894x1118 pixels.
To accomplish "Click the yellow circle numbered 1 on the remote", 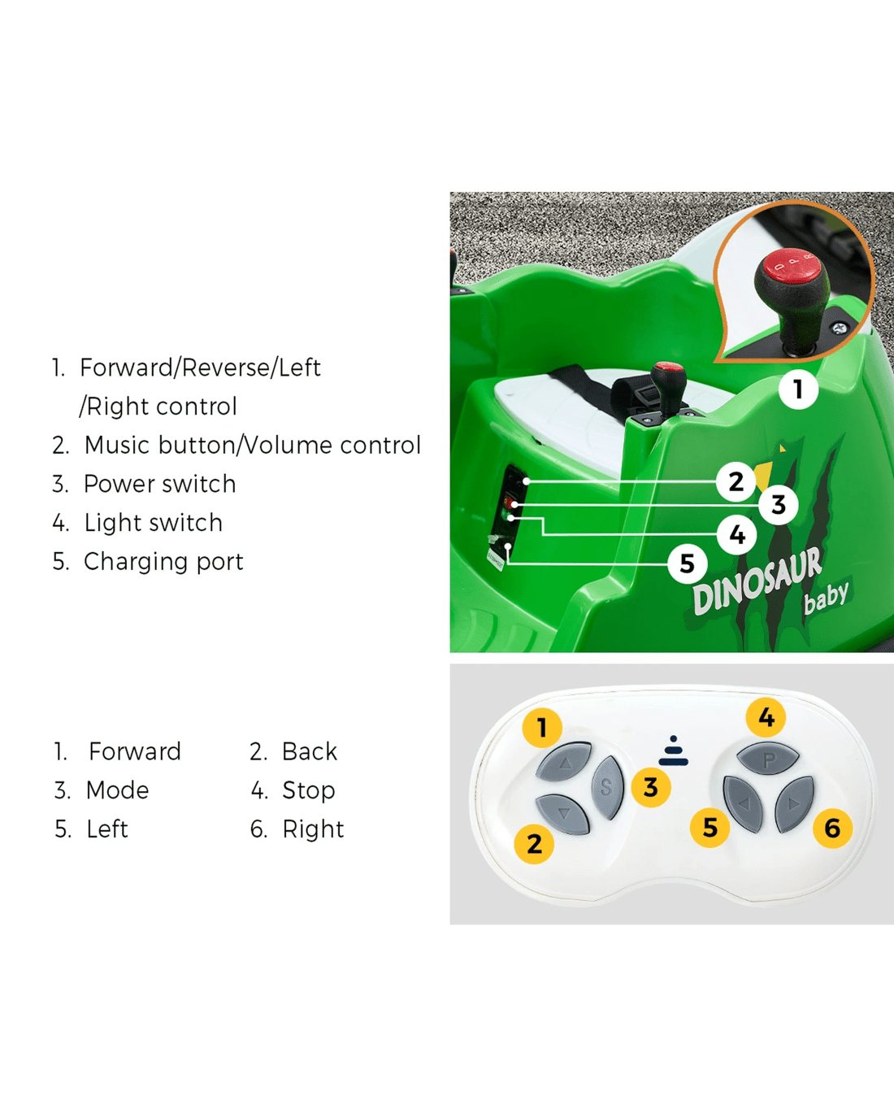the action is [x=542, y=728].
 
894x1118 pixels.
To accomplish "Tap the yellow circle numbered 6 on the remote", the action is [x=832, y=828].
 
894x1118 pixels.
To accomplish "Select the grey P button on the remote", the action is [x=768, y=759].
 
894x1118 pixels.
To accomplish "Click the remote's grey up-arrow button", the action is [x=564, y=762].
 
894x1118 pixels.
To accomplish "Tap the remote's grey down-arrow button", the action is [x=562, y=814].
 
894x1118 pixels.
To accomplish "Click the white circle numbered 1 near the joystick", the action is [x=798, y=389].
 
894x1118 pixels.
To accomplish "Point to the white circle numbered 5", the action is [x=688, y=563].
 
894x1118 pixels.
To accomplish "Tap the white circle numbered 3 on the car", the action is [x=778, y=504].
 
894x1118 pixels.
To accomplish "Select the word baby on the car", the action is [x=826, y=597].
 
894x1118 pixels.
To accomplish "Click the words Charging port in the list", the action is [x=163, y=562].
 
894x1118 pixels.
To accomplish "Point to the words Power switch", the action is [x=160, y=484].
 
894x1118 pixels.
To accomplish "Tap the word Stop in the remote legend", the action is [x=309, y=790].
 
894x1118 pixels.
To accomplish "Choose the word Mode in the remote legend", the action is [x=118, y=790].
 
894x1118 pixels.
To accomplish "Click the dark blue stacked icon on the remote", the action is [x=673, y=750].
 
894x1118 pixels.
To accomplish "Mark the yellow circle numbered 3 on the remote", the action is [x=652, y=786].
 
